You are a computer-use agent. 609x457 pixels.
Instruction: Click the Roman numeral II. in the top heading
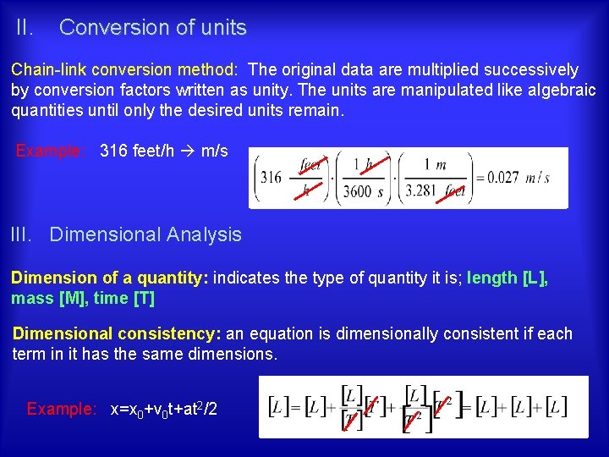point(25,28)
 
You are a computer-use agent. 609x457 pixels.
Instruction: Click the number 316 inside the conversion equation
point(271,178)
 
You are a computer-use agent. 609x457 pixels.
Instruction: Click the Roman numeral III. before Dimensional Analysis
point(23,234)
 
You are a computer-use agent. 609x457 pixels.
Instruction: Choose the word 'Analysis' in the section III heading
point(204,234)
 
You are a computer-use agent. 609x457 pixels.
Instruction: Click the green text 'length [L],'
point(507,278)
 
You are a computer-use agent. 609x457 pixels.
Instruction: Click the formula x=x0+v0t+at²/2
point(164,410)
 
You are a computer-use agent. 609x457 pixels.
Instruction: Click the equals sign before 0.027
point(480,178)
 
